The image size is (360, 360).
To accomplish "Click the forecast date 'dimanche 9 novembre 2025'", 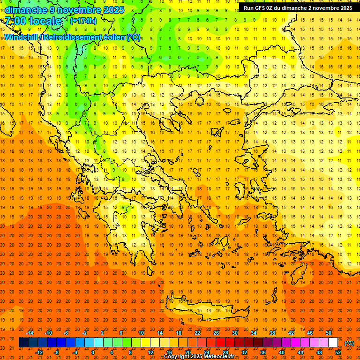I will (x=65, y=10).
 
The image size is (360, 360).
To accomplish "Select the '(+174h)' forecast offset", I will (x=83, y=21).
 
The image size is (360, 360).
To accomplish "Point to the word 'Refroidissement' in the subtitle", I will (x=74, y=37).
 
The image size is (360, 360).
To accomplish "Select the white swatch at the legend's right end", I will (x=333, y=343).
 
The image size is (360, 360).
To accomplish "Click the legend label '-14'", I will (x=30, y=333).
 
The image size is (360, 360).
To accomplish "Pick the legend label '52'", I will (x=338, y=352).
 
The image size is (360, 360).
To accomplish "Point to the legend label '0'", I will (x=93, y=352).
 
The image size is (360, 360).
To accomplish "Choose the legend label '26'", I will (x=216, y=333).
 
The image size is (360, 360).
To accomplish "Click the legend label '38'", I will (x=272, y=333).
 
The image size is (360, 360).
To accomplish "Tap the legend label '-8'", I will (x=56, y=352).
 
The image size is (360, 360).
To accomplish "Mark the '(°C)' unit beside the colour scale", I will (x=349, y=343).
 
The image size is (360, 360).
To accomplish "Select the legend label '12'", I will (x=150, y=352).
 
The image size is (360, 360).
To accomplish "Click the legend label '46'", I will (x=310, y=333).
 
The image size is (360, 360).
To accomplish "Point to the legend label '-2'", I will (x=85, y=333).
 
